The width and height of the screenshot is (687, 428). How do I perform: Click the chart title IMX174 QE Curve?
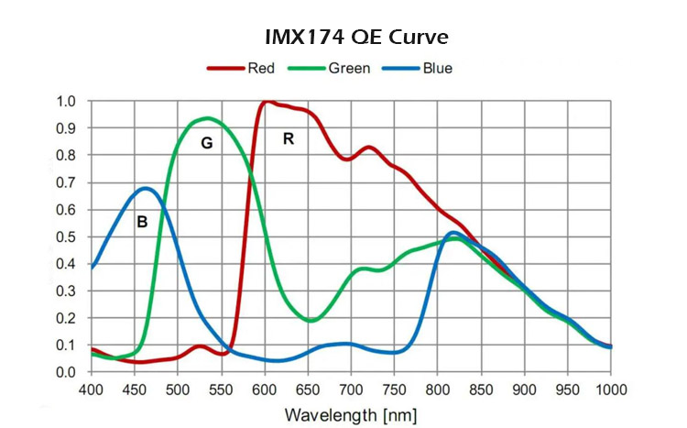click(343, 38)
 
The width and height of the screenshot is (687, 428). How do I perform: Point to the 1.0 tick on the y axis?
click(66, 101)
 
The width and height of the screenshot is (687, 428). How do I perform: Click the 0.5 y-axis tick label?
click(66, 236)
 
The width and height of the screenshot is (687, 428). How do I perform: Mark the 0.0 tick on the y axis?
click(66, 372)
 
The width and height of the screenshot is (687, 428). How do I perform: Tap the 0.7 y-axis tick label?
click(66, 182)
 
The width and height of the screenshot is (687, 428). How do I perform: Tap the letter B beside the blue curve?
click(142, 221)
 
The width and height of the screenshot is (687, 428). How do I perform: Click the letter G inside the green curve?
click(207, 144)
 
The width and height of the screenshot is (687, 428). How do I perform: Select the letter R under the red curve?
click(289, 139)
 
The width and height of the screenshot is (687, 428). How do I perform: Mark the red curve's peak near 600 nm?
click(267, 102)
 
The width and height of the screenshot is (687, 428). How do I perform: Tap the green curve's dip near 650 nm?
click(311, 321)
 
